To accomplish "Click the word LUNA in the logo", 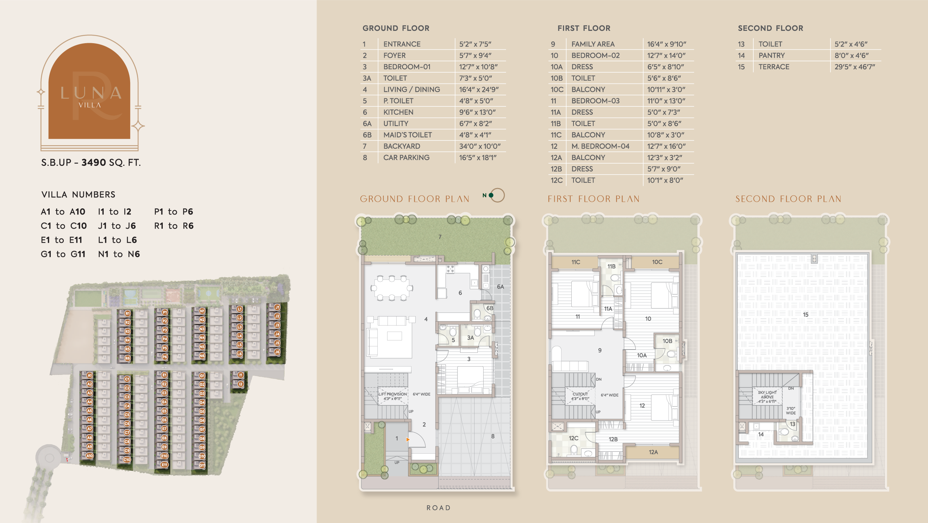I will point(91,93).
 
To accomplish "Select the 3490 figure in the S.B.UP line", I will point(94,163).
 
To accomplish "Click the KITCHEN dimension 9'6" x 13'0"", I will point(477,112).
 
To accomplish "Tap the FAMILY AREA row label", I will point(593,44).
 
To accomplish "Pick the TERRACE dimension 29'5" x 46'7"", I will point(854,67).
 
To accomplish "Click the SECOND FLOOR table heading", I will point(770,28).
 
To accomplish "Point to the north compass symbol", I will point(496,195).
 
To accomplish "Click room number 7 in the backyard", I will point(440,237).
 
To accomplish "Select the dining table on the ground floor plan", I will point(391,288).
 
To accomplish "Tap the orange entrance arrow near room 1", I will point(408,440).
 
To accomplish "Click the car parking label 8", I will point(493,436).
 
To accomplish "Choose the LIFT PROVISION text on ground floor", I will point(393,394).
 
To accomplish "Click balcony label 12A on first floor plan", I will point(653,452).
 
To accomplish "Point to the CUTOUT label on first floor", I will point(580,394).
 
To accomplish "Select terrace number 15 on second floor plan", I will point(805,315).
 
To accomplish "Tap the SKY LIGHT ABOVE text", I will point(767,395).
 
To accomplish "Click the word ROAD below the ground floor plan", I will point(439,508).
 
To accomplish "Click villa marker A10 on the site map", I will point(90,456).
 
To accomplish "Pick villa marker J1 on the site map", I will point(277,307).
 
